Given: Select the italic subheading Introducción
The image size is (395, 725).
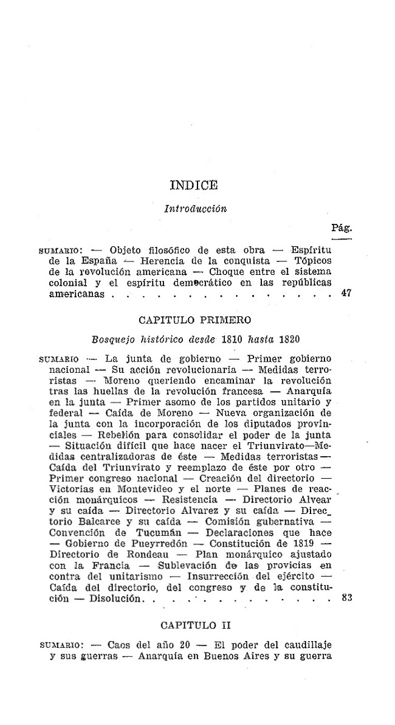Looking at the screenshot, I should coord(196,209).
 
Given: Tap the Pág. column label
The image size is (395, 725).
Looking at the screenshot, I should coord(342,227).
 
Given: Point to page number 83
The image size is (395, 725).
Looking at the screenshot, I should coord(347,598).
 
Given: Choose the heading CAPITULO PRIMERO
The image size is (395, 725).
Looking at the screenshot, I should coord(194,319).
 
